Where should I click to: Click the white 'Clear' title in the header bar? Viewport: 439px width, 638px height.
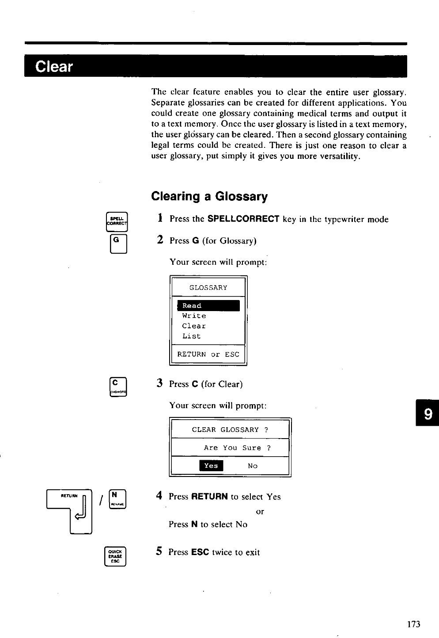(54, 67)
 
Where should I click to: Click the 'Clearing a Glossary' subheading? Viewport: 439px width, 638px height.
(209, 196)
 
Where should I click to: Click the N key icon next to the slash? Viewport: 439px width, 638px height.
(117, 499)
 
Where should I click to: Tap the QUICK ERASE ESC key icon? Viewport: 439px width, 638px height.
(116, 556)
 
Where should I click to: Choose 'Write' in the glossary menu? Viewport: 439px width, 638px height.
(194, 316)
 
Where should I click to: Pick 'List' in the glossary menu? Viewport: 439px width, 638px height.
(192, 336)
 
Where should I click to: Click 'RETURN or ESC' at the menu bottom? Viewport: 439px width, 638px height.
(208, 354)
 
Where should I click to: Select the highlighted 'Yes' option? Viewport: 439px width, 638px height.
(211, 465)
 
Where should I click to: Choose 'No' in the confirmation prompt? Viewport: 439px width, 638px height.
(253, 466)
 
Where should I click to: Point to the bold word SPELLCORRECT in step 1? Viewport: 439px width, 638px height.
(243, 219)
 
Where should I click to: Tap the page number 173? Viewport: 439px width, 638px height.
(414, 624)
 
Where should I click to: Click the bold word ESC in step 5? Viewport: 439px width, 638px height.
(200, 552)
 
